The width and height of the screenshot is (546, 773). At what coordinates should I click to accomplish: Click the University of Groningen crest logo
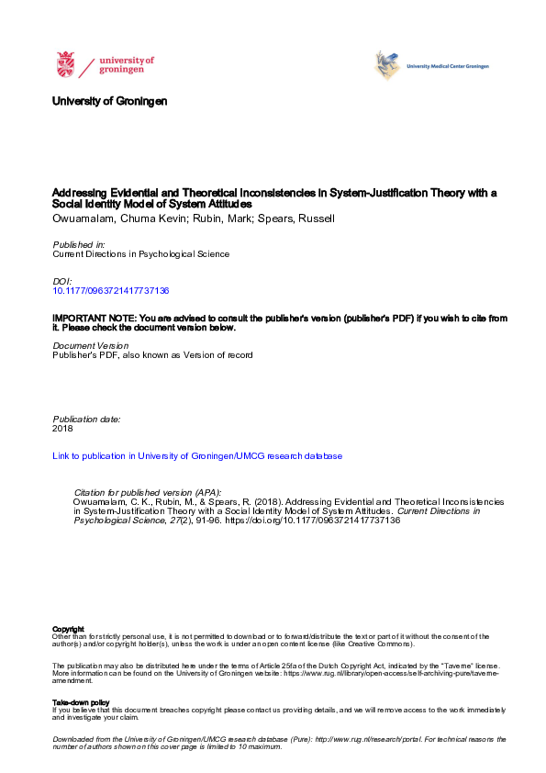pos(65,65)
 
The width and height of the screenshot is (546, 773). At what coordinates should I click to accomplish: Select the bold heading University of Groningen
pos(110,101)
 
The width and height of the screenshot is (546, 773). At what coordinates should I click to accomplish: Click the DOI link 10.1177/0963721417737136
pos(111,290)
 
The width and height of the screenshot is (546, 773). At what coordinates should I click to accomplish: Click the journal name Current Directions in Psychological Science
pos(140,254)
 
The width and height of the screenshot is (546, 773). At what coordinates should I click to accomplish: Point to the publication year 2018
pos(63,428)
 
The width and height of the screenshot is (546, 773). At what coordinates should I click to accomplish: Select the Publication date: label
pos(86,419)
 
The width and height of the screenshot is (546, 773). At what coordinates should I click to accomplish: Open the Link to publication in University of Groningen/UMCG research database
pos(197,455)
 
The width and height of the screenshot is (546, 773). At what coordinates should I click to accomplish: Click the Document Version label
pos(91,345)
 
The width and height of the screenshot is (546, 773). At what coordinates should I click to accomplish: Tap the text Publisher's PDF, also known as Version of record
pos(152,354)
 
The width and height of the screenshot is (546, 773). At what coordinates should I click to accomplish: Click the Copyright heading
pos(68,629)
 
